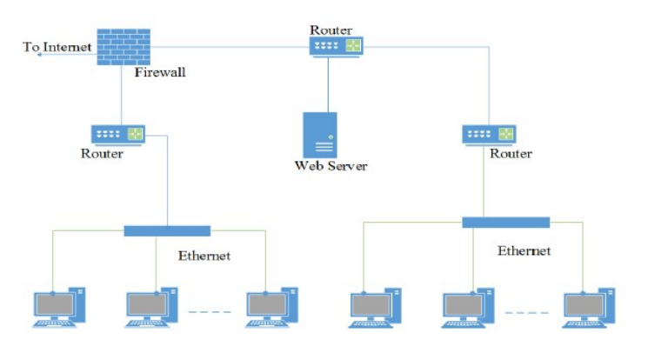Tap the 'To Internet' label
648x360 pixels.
(57, 46)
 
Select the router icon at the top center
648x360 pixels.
(337, 46)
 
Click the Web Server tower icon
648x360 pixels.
(319, 134)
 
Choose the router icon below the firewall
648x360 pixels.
(118, 134)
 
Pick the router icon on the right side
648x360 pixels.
(489, 134)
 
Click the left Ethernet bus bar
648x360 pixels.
(167, 230)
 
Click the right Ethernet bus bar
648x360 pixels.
(505, 222)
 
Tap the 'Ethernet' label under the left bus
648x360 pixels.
(204, 256)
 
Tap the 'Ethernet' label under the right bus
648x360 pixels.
(524, 250)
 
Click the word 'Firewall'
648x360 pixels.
(160, 72)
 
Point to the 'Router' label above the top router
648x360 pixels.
(331, 29)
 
